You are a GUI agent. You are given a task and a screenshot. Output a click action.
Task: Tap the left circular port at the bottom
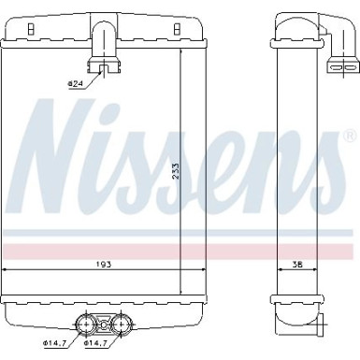click(84, 324)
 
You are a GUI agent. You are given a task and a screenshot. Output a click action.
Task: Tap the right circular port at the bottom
click(120, 324)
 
